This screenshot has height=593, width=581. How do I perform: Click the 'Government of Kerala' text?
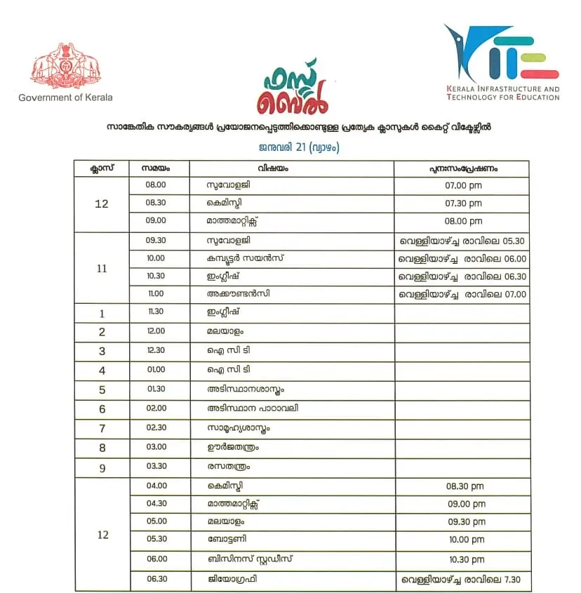pos(65,98)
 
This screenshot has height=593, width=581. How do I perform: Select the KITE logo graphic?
pos(501,54)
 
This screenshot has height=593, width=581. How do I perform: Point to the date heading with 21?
pos(290,148)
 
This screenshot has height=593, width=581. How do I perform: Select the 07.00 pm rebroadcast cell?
pos(463,186)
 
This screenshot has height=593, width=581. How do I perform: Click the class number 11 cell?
pos(102,268)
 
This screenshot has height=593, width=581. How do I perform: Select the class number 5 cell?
pos(102,390)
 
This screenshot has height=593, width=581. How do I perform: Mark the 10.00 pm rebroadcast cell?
pos(463,540)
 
